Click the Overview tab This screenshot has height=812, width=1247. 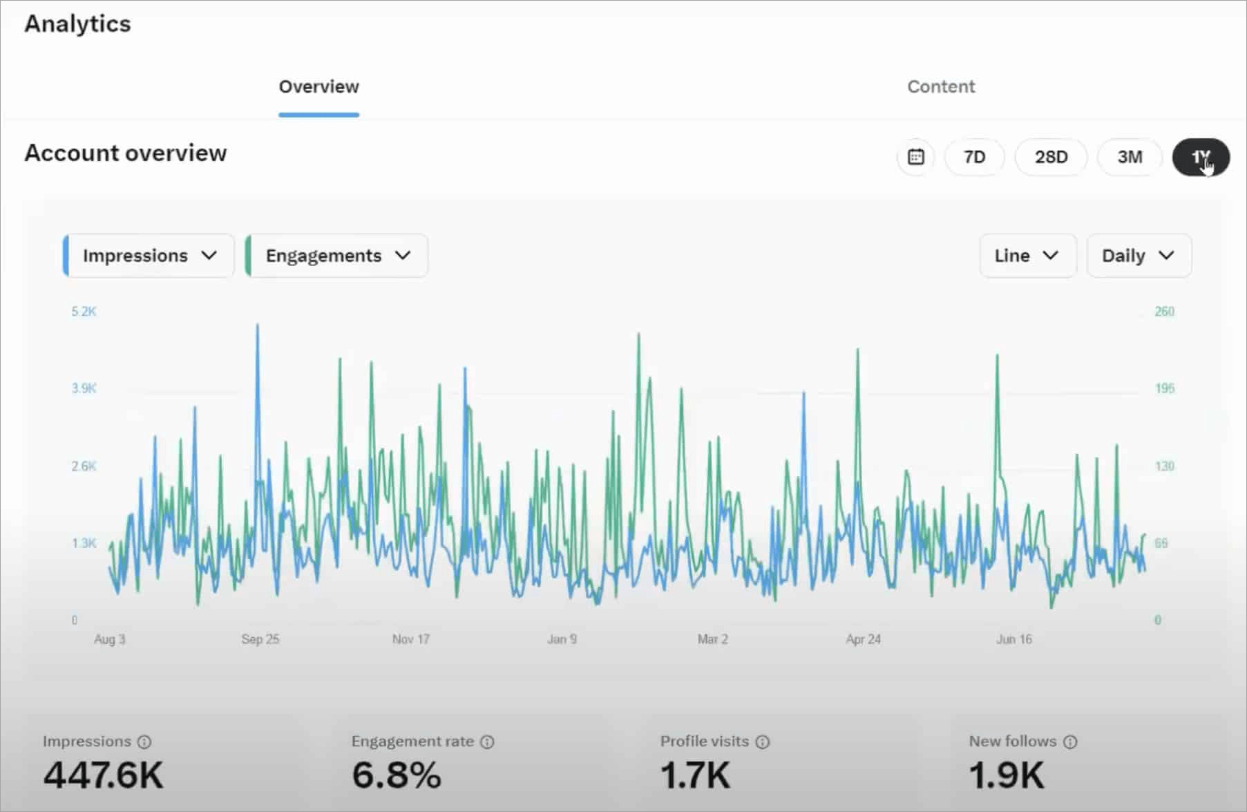[x=318, y=87]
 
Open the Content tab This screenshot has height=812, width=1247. [x=940, y=87]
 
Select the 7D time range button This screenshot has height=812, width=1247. [x=974, y=157]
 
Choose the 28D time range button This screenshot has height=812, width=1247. [x=1051, y=157]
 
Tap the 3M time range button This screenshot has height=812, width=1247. [x=1130, y=157]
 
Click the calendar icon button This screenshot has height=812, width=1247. [x=916, y=157]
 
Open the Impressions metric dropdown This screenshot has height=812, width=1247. [x=149, y=256]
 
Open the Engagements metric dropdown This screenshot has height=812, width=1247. [x=337, y=256]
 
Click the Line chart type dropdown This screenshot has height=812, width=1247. [x=1027, y=256]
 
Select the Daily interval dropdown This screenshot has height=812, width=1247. [x=1139, y=256]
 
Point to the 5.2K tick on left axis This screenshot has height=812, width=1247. [x=84, y=312]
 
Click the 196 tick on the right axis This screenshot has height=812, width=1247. [x=1164, y=388]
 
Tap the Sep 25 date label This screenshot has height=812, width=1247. [x=260, y=639]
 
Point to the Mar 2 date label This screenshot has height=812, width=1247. [x=712, y=639]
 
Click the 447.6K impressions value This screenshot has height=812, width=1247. [x=104, y=775]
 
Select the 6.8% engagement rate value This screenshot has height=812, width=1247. [x=397, y=775]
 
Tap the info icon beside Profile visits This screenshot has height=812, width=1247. [x=762, y=742]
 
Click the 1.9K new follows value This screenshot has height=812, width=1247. [x=1007, y=775]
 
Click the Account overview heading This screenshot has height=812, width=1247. [x=126, y=153]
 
